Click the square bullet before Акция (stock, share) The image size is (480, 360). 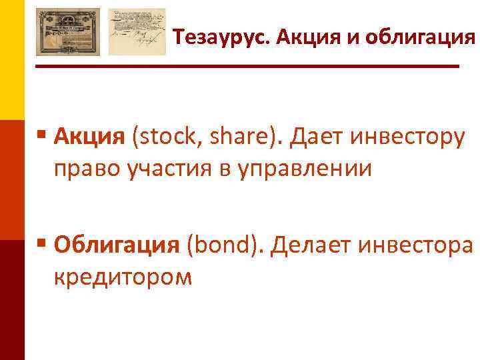(x=42, y=136)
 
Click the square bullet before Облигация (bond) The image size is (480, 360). (x=42, y=243)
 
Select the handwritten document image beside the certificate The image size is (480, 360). (x=137, y=31)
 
